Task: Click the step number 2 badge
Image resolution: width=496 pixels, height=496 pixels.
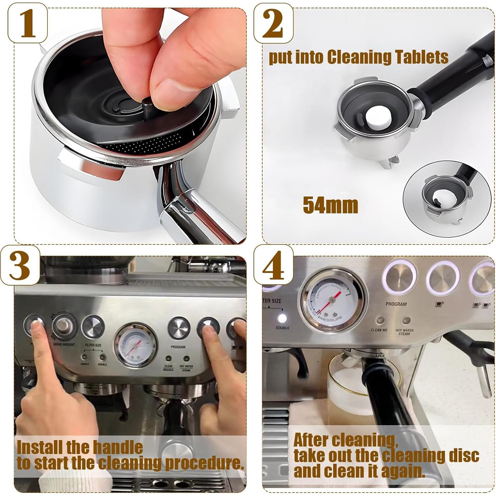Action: [273, 24]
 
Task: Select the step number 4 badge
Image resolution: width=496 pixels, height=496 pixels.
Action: [273, 265]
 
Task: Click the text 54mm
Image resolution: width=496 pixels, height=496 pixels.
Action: [330, 205]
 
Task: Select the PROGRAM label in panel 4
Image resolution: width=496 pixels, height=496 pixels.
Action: [396, 304]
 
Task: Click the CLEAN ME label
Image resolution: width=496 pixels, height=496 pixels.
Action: [379, 330]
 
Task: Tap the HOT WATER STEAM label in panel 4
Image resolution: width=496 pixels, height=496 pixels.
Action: [404, 332]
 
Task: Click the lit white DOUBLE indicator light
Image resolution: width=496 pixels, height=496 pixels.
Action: [282, 318]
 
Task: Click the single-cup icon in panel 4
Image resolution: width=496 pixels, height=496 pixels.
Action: [439, 304]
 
